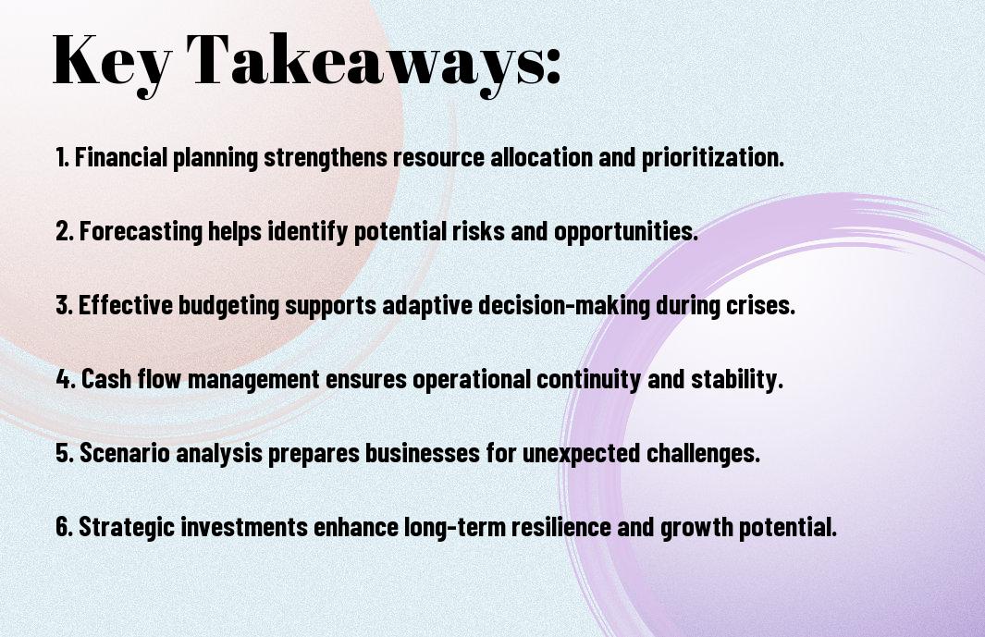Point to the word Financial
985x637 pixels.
pos(121,157)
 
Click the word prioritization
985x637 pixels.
pos(713,158)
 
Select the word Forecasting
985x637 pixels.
pos(141,232)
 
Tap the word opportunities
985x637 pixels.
pos(625,232)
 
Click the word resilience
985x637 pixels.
pos(561,527)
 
